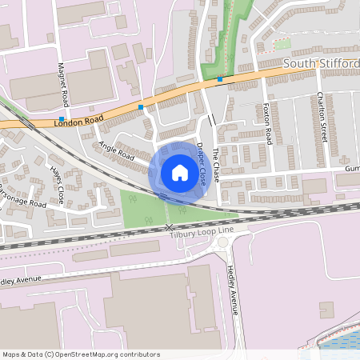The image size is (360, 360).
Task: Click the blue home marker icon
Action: click(180, 172)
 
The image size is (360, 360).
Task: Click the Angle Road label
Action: click(117, 152)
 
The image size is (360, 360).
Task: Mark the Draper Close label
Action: click(206, 164)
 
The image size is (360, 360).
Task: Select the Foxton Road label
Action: click(268, 123)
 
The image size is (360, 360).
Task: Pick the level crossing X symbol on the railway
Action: click(169, 228)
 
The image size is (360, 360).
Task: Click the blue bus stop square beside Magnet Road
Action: click(62, 118)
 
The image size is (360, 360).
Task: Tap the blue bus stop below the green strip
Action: click(220, 79)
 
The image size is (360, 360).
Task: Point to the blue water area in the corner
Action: click(341, 342)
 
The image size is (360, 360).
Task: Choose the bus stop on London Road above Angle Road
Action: click(142, 106)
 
